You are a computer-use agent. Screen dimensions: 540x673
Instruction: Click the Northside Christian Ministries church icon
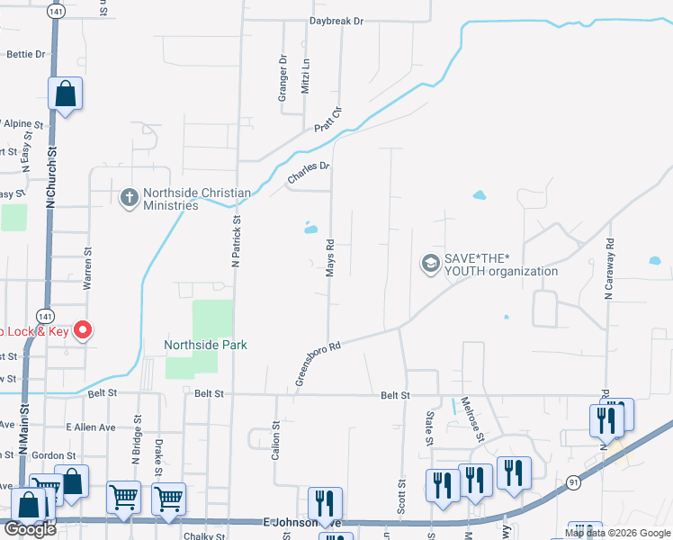pos(129,196)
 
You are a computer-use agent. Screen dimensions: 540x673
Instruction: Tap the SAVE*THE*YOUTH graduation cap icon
pos(429,263)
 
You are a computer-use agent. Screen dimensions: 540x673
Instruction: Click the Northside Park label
pos(205,345)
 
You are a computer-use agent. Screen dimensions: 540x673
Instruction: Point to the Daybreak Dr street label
pos(336,20)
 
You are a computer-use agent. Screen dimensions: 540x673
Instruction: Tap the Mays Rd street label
pos(330,257)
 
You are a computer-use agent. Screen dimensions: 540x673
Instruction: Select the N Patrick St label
pos(238,241)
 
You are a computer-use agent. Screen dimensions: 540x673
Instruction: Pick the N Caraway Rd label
pos(609,268)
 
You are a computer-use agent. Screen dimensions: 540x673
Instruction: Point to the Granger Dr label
pos(282,76)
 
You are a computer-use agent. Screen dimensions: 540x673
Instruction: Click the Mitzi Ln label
pos(306,76)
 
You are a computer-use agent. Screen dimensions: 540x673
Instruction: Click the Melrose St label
pos(473,418)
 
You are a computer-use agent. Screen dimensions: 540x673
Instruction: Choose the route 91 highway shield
pos(573,483)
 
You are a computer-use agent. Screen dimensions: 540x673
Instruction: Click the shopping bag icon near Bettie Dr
pos(66,94)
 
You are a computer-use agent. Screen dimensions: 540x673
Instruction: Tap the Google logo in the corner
pos(30,529)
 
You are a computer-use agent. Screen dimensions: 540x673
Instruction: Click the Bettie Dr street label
pos(25,54)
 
